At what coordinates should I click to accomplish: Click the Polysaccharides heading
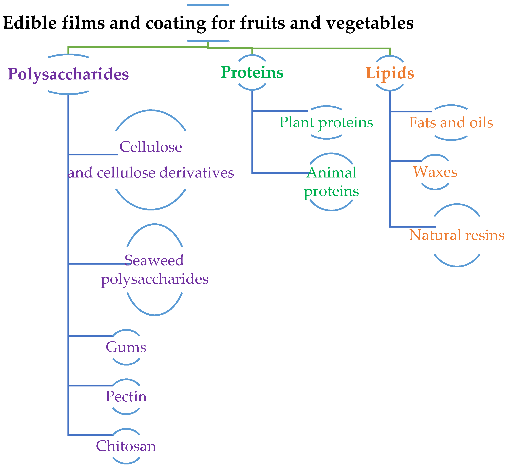point(68,74)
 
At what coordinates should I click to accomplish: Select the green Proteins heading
point(252,72)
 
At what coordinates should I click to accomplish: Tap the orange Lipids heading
point(390,73)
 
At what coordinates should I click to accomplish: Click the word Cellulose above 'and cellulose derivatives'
point(151,147)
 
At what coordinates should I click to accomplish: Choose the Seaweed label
point(154,260)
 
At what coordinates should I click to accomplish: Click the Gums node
point(126,347)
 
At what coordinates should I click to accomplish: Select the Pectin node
point(126,397)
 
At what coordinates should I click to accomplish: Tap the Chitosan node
point(126,446)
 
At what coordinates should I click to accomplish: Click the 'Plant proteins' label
point(326,123)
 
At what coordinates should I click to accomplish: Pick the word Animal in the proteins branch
point(331,173)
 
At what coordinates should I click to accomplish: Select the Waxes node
point(435,172)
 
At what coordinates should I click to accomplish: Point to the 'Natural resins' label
point(457,235)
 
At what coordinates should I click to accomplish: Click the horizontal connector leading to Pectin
point(90,385)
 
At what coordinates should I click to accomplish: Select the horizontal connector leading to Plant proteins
point(280,111)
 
